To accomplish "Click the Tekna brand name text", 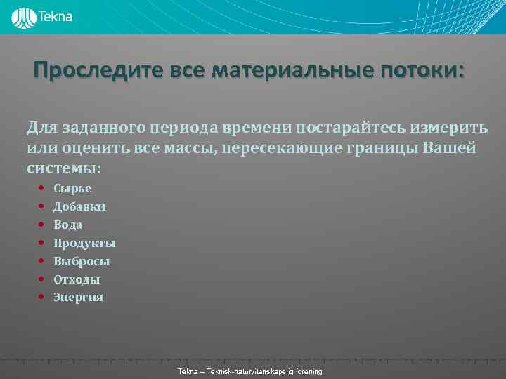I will click(56, 16).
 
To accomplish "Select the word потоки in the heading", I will click(419, 72).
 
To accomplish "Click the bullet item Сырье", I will click(72, 188).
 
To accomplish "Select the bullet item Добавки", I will click(79, 206).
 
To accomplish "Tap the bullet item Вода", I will click(68, 225).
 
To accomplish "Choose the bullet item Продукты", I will click(84, 243).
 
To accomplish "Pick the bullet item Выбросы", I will click(82, 261).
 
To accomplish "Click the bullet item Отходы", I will click(77, 279).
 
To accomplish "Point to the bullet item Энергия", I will click(79, 297).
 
